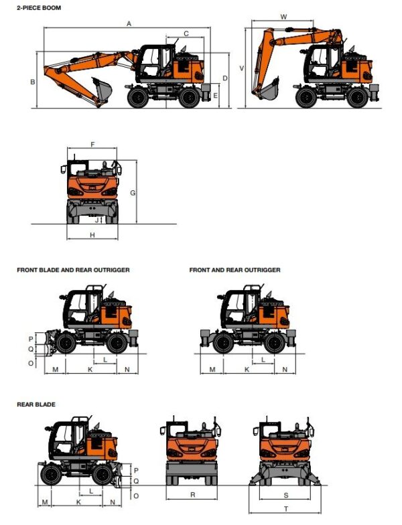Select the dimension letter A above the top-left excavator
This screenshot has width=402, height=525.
point(127,23)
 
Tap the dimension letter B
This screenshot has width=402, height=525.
point(32,82)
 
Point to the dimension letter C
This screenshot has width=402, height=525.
point(186,33)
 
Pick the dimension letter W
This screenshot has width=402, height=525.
point(283,16)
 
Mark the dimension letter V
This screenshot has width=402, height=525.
point(241,68)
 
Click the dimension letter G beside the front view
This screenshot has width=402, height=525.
point(133,193)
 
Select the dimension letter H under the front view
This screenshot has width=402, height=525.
point(92,234)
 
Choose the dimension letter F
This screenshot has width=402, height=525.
point(92,145)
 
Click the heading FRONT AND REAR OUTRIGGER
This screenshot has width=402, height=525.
point(234,270)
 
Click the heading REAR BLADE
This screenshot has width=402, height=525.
point(36,404)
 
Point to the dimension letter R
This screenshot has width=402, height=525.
point(192,495)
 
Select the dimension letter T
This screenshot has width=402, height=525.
point(286,509)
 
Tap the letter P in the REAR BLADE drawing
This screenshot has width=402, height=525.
point(135,470)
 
